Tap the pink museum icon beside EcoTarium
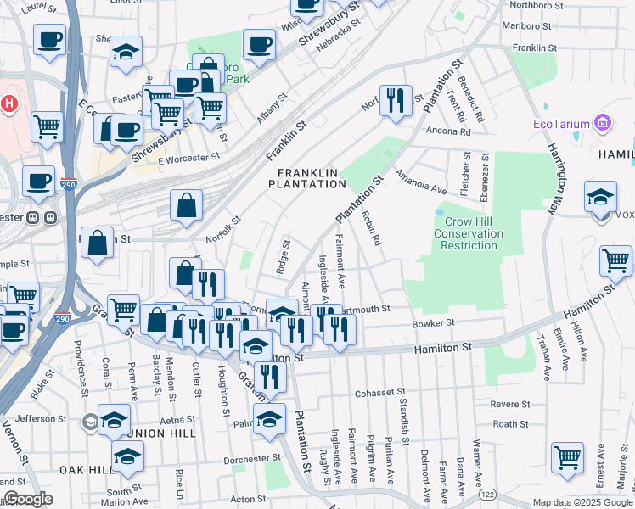coord(604,124)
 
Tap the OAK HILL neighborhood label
coord(87,469)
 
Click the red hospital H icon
coord(8,104)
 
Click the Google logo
coord(28,499)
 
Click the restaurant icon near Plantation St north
coord(395,101)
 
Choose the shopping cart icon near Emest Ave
coord(567,458)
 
